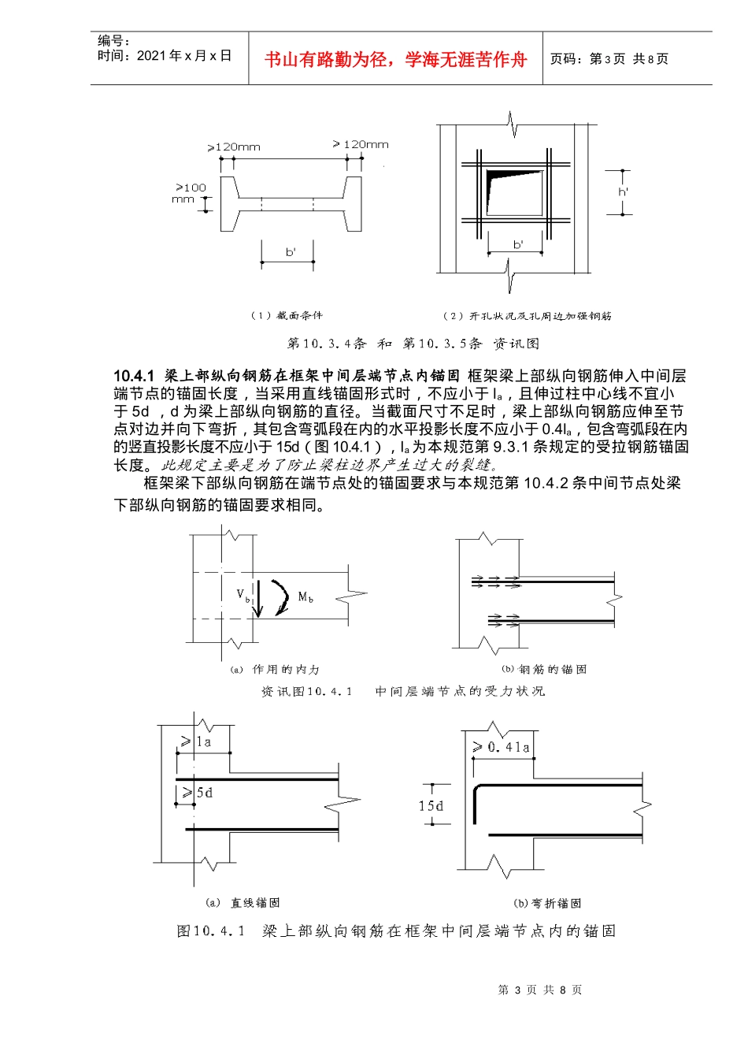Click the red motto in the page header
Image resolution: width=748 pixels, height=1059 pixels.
pos(395,60)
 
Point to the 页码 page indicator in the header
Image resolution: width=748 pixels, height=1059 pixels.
pos(609,59)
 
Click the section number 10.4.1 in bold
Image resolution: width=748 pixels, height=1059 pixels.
pos(135,377)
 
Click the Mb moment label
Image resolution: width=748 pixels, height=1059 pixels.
pos(305,597)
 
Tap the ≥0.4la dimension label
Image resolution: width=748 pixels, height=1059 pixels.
pos(502,746)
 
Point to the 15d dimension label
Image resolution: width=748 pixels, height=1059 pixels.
pos(431,806)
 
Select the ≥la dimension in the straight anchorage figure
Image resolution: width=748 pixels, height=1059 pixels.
pos(197,741)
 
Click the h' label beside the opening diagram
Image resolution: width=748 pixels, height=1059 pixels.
pos(623,192)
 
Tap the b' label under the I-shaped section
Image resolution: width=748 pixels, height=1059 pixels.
pos(291,252)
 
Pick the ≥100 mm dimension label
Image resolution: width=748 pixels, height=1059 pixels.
pos(190,193)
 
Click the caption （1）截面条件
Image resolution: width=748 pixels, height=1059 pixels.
pos(287,315)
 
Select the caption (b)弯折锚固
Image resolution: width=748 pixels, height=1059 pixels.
pos(547,903)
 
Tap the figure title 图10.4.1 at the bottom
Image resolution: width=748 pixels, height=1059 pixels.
pos(396,931)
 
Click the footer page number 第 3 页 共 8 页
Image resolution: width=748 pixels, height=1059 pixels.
pos(540,990)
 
